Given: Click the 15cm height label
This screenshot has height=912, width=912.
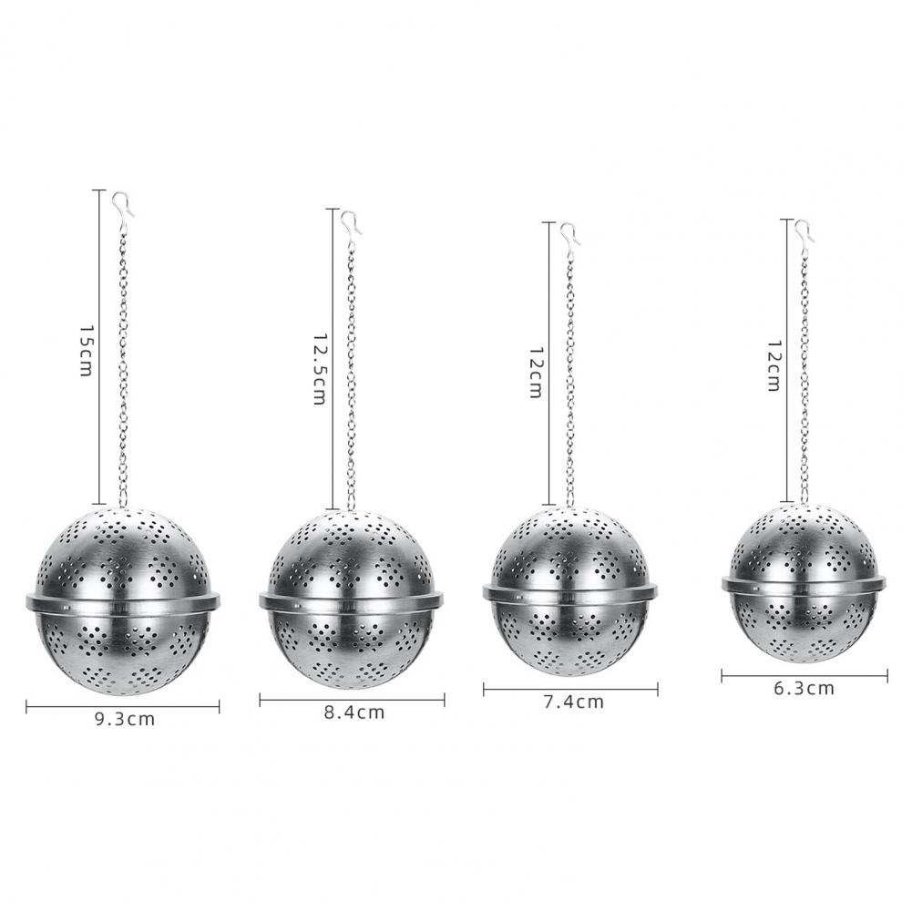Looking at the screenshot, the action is tap(86, 351).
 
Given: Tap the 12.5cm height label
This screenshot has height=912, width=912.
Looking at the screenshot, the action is tap(320, 369).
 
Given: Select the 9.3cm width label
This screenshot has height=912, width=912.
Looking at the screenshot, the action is tap(125, 720).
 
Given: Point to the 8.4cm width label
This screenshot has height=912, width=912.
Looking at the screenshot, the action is tap(354, 712).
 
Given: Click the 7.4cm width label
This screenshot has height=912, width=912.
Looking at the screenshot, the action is tap(573, 702).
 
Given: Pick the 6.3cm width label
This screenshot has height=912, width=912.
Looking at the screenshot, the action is tap(804, 689).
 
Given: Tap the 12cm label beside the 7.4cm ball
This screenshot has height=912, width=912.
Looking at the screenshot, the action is tap(536, 373).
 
